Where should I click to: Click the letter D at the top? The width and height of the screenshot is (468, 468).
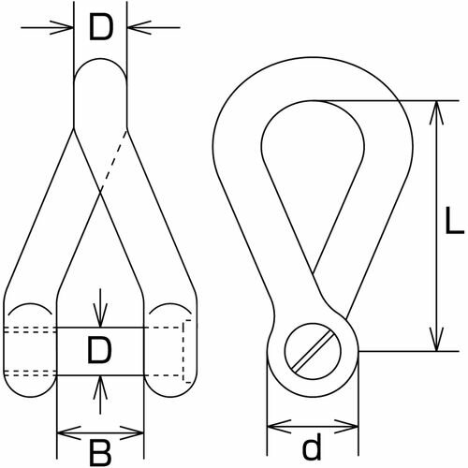point(100,28)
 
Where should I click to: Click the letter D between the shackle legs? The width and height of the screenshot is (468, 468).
point(99,351)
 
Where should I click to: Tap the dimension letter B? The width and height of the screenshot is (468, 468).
point(100,452)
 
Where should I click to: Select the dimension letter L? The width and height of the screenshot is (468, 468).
point(454,220)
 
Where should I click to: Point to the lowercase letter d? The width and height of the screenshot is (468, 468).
point(312,447)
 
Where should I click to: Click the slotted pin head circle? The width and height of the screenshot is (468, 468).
point(313,351)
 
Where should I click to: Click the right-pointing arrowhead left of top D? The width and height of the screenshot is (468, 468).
point(62,27)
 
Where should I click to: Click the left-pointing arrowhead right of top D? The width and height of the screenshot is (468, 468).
point(139,27)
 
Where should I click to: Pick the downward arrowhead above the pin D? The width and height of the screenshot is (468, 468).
point(100,315)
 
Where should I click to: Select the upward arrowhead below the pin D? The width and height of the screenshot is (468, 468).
point(100,388)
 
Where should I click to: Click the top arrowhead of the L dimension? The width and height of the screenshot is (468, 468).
point(437,113)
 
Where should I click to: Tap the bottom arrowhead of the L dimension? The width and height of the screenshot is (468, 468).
point(437,339)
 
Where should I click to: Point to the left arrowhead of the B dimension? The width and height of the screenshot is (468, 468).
point(69,432)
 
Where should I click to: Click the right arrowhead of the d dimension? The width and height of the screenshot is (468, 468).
point(346,426)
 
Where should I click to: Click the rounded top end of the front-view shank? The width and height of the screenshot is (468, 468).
point(100,67)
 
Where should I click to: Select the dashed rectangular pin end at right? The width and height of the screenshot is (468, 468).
point(186,351)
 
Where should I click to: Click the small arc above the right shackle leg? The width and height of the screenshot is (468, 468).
point(170,305)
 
